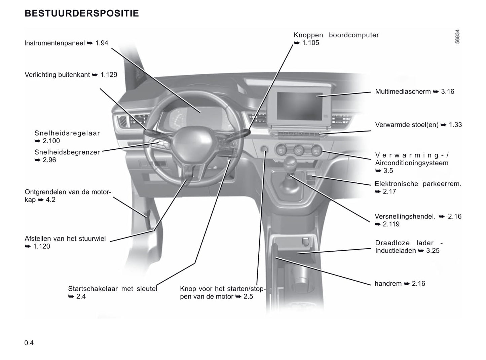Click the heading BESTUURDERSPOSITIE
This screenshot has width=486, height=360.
click(82, 13)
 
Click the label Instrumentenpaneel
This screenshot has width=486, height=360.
click(54, 43)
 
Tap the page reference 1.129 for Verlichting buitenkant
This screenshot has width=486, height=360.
click(109, 75)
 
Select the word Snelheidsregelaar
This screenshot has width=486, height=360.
click(67, 133)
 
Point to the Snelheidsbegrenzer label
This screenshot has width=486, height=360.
click(67, 152)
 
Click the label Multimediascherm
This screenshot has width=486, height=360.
click(403, 92)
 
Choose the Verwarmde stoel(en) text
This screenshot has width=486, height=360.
click(407, 125)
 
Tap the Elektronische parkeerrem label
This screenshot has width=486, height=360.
click(418, 184)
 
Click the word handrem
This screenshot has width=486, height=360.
click(388, 284)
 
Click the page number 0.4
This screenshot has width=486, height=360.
click(29, 343)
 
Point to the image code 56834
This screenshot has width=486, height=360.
click(457, 37)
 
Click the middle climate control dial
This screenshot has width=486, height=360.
click(298, 150)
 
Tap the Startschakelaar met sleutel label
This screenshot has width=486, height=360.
click(112, 289)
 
